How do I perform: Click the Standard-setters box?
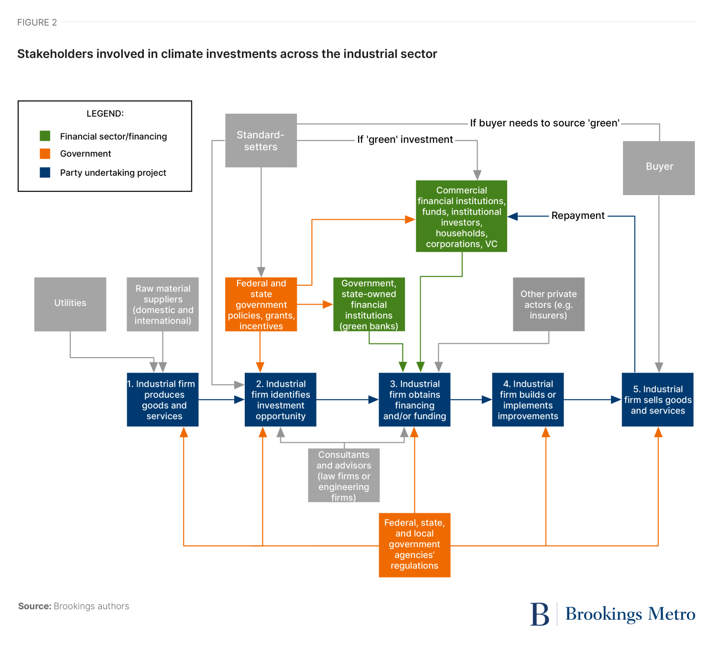coord(261,141)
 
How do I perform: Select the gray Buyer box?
coord(659,168)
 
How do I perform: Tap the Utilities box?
coord(70,304)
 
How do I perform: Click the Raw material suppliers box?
coord(163,304)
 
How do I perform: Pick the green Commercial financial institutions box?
coord(461,216)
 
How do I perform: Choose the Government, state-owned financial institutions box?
coord(369,304)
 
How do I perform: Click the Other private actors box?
coord(549,304)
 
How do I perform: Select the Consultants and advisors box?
coord(344,475)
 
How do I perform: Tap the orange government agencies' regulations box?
coord(414,545)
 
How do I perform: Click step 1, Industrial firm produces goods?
coord(163,400)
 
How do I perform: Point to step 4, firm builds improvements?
coord(528,400)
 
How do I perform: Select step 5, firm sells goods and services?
coord(658,400)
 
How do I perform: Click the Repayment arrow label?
coord(578,216)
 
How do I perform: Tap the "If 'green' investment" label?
coord(405,140)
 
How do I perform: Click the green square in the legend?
coord(45,136)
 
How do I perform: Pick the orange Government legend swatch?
coord(45,153)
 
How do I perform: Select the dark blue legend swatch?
coord(45,173)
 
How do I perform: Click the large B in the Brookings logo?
coord(540,614)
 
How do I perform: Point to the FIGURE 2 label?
coord(37,22)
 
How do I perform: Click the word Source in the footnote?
coord(34,606)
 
